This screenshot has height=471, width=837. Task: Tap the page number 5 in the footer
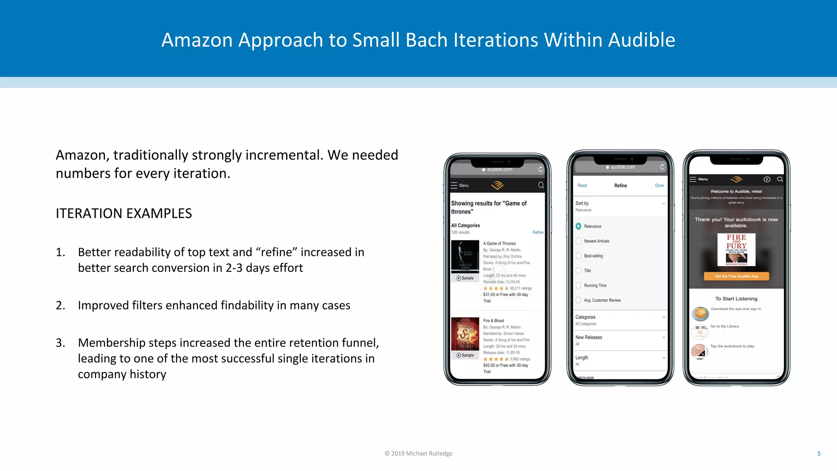tap(819, 453)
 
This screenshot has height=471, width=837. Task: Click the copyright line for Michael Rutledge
tap(418, 453)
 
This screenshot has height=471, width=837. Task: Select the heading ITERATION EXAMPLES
tap(124, 213)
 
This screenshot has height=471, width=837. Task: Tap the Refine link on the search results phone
tap(538, 232)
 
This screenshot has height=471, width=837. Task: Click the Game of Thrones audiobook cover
tap(465, 256)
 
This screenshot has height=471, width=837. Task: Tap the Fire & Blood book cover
tap(465, 334)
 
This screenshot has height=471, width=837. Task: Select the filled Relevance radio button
tap(579, 226)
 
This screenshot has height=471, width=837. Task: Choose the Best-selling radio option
tap(579, 256)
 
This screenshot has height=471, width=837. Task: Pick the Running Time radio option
tap(579, 285)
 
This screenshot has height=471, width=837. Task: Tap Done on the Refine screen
tap(659, 186)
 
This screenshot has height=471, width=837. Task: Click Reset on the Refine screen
tap(582, 186)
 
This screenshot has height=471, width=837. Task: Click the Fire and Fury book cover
tap(736, 249)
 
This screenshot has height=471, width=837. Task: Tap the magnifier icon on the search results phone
tap(541, 185)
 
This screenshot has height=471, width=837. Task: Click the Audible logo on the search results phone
tap(497, 185)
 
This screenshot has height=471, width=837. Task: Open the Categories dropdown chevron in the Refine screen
tap(664, 317)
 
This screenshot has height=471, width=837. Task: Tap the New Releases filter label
tap(589, 337)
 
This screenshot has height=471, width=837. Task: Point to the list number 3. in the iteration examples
tap(60, 343)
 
